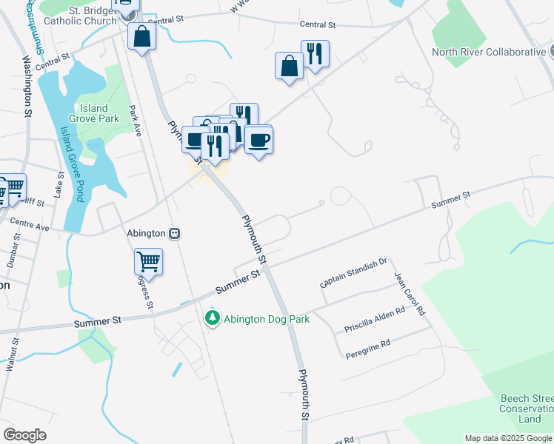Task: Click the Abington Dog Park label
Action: [267, 319]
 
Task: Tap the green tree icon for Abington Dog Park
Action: [213, 318]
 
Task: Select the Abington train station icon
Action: [175, 233]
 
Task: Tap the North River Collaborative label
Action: [489, 52]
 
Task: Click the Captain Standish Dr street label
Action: [354, 273]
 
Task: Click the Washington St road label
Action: [28, 87]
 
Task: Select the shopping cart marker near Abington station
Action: [148, 262]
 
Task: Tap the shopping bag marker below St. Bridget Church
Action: [141, 36]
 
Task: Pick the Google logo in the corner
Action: [24, 435]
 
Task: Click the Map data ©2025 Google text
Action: [508, 438]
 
